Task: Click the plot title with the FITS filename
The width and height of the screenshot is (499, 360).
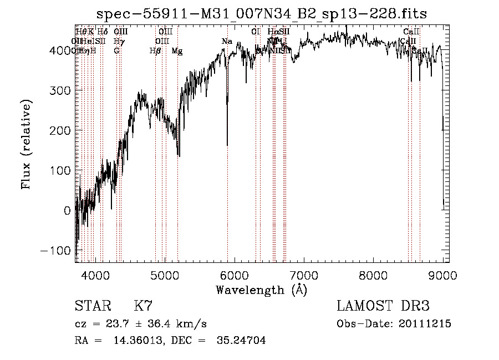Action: (262, 13)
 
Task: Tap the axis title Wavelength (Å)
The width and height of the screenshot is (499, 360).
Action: (262, 290)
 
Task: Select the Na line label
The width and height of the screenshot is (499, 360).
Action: (227, 42)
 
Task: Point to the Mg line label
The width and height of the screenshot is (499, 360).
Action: (177, 51)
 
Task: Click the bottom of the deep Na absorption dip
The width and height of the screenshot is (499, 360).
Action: (227, 145)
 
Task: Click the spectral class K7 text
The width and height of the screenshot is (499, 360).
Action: (143, 306)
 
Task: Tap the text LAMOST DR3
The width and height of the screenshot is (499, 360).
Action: (383, 306)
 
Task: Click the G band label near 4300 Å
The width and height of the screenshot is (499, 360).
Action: (116, 51)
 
